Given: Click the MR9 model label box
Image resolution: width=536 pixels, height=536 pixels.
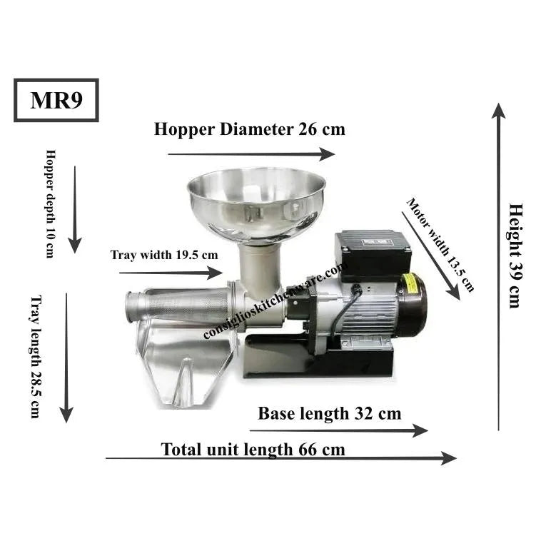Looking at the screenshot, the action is click(x=56, y=100).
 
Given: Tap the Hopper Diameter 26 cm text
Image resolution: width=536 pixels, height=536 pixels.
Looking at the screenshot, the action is click(x=250, y=129).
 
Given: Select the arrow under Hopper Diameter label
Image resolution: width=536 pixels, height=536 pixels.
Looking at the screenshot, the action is click(x=251, y=154).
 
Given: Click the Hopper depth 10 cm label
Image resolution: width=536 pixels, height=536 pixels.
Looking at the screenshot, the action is click(x=50, y=203).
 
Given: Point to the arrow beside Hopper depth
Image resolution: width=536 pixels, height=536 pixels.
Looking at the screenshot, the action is click(x=75, y=210).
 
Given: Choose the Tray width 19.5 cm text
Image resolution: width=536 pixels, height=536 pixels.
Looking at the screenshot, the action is click(x=164, y=255).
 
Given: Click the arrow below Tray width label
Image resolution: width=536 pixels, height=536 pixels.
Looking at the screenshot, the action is click(x=171, y=273).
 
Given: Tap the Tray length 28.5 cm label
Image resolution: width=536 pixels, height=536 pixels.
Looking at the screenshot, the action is click(x=36, y=357).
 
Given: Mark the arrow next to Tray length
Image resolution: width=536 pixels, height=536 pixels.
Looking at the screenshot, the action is click(x=66, y=358).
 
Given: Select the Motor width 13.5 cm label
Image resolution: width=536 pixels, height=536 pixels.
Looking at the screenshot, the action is click(x=440, y=245).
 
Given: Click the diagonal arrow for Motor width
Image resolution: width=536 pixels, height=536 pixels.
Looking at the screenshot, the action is click(x=431, y=256).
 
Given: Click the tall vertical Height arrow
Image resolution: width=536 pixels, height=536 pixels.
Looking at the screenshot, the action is click(x=499, y=267).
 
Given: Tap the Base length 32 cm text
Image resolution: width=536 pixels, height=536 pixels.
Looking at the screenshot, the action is click(x=330, y=413).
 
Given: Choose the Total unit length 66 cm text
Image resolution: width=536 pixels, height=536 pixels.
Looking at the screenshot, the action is click(x=253, y=449).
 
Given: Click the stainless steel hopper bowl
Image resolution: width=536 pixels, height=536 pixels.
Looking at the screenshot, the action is click(x=256, y=205).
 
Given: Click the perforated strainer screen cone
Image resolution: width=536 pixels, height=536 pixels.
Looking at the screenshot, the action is click(x=186, y=305).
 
